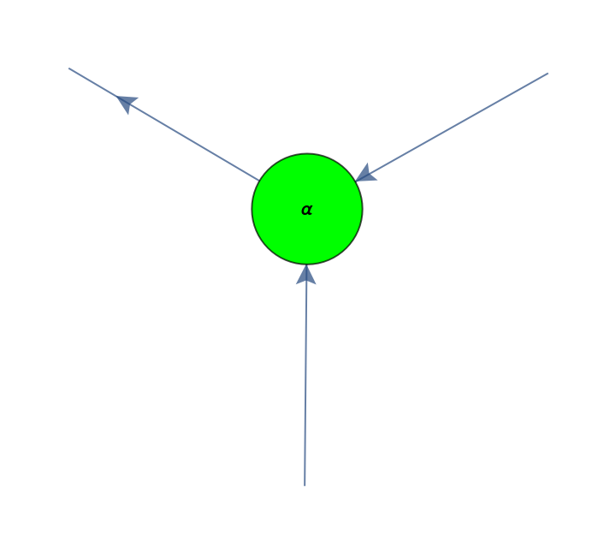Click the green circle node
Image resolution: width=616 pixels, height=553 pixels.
(x=307, y=209)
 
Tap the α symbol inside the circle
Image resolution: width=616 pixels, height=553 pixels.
(x=307, y=210)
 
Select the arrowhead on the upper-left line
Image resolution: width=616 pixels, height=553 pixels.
(x=127, y=104)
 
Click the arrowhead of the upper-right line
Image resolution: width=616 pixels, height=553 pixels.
(x=366, y=173)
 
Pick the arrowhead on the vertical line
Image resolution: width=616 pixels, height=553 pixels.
(x=306, y=274)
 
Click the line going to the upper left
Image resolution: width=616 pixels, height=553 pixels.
(x=163, y=124)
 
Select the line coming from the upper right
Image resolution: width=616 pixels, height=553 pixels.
(x=452, y=127)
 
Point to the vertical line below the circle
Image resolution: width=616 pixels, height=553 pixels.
(x=305, y=375)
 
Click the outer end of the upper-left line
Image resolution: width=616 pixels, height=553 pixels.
(x=69, y=68)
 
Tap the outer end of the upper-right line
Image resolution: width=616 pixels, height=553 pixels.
(x=548, y=73)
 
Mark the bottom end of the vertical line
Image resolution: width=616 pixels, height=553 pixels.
(x=305, y=485)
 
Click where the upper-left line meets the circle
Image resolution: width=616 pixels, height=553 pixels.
(x=258, y=181)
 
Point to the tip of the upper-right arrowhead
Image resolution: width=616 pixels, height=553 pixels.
(x=356, y=181)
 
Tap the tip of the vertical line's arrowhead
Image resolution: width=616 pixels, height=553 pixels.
(x=306, y=265)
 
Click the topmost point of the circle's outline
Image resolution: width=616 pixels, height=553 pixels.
(x=307, y=153)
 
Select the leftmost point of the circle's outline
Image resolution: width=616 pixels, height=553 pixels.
(x=252, y=209)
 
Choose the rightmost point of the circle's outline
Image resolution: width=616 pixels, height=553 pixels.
(x=363, y=209)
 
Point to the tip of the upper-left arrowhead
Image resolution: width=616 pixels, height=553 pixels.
(x=116, y=97)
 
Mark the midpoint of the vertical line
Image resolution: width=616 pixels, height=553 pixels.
(x=305, y=375)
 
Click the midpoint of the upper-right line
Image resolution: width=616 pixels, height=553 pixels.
(x=452, y=127)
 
